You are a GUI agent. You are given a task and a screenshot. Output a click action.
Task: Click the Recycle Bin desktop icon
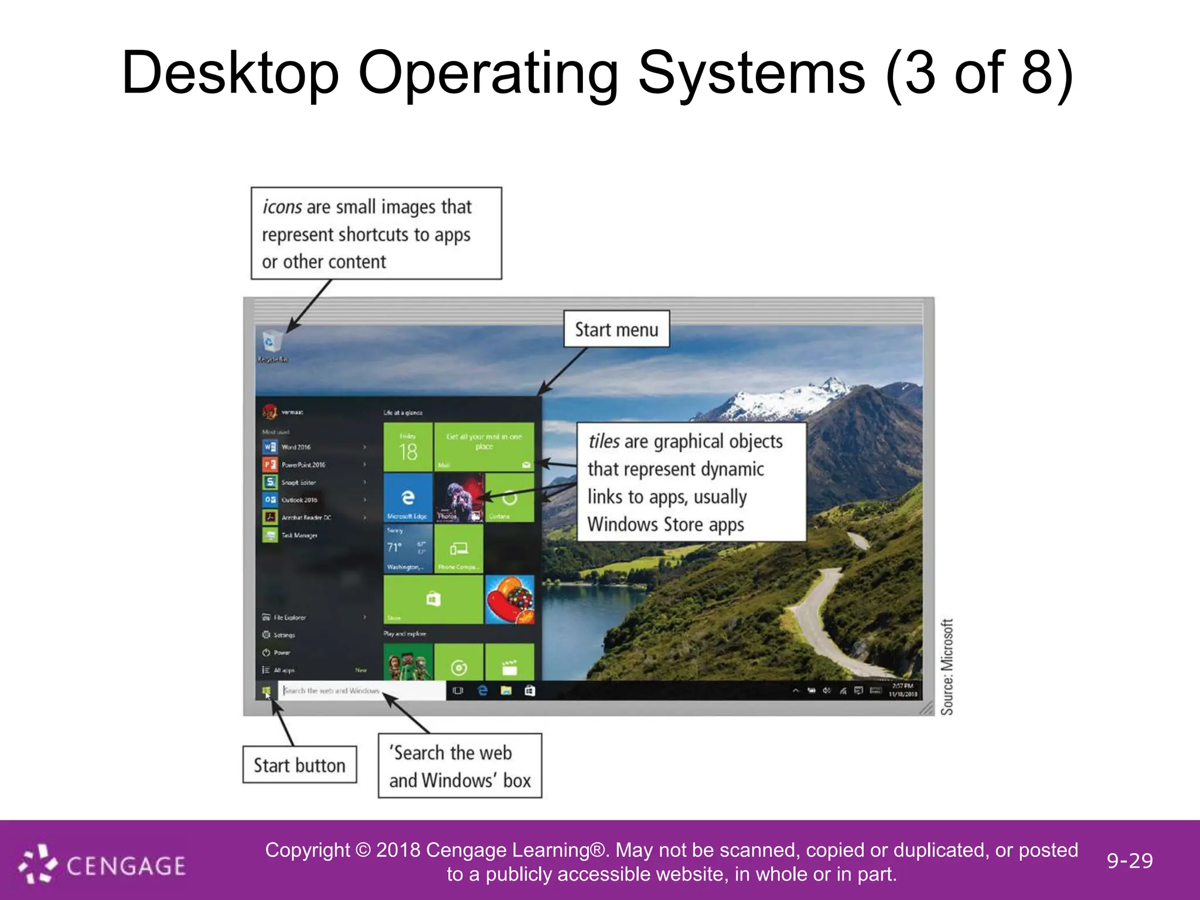click(x=271, y=343)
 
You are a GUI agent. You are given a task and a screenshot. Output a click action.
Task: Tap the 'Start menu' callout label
click(x=616, y=329)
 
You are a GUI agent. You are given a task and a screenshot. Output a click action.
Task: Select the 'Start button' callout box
click(x=299, y=765)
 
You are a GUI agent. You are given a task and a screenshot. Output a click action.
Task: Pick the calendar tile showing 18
click(x=408, y=447)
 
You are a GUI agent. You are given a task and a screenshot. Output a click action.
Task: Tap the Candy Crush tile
click(x=510, y=599)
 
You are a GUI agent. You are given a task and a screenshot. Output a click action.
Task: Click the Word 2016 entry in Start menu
click(x=295, y=447)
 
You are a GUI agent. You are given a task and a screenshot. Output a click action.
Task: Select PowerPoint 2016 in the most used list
click(x=302, y=465)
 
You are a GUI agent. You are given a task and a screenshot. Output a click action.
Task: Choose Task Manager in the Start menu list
click(x=299, y=535)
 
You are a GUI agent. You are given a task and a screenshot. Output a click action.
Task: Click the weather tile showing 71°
click(x=408, y=548)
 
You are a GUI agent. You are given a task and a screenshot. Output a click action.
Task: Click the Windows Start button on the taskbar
click(x=266, y=691)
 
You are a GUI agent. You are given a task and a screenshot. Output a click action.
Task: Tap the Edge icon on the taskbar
click(x=483, y=691)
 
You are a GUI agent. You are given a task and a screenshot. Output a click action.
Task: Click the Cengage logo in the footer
click(x=103, y=864)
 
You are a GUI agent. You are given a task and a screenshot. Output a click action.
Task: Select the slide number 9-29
click(x=1130, y=861)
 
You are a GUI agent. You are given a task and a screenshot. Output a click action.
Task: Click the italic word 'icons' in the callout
click(x=282, y=207)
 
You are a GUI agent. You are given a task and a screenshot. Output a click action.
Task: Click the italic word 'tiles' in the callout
click(x=604, y=441)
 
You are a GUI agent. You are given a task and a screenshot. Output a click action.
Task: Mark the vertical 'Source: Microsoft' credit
click(x=947, y=667)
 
